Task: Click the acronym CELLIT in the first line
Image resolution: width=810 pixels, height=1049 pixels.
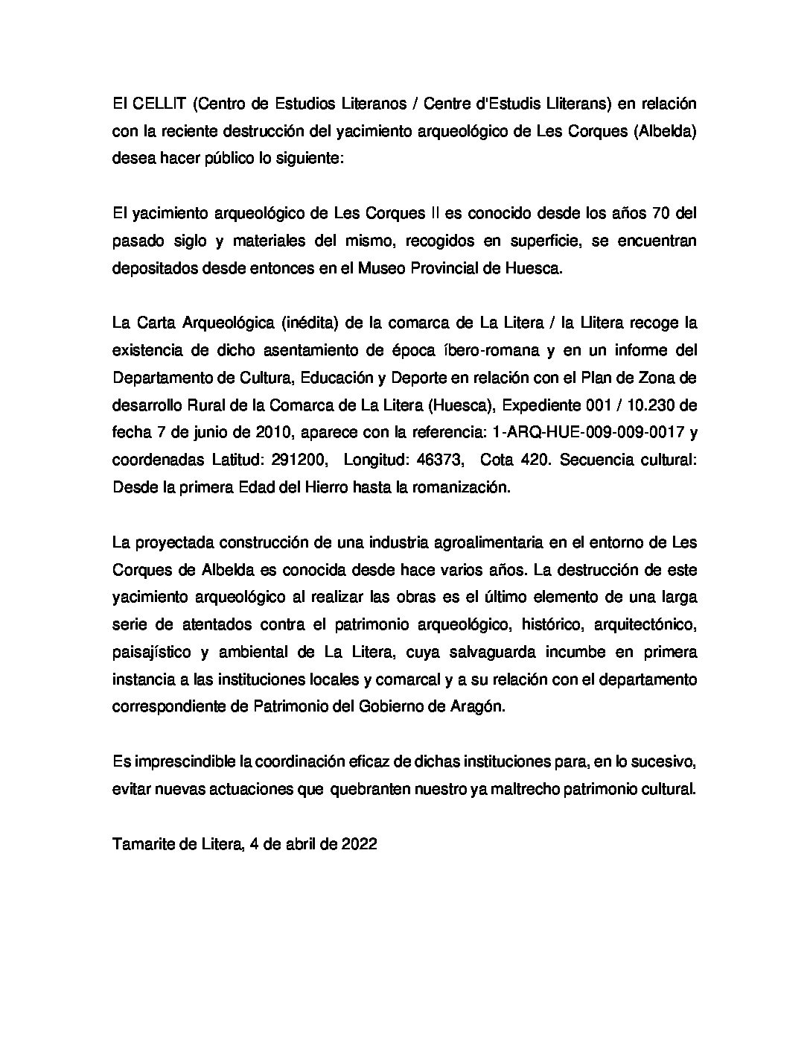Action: point(154,103)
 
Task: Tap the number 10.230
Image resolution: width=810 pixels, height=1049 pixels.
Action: point(649,405)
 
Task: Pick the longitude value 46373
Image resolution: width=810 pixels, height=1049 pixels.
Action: point(436,460)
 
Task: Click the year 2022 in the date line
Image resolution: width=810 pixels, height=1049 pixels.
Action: point(360,844)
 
